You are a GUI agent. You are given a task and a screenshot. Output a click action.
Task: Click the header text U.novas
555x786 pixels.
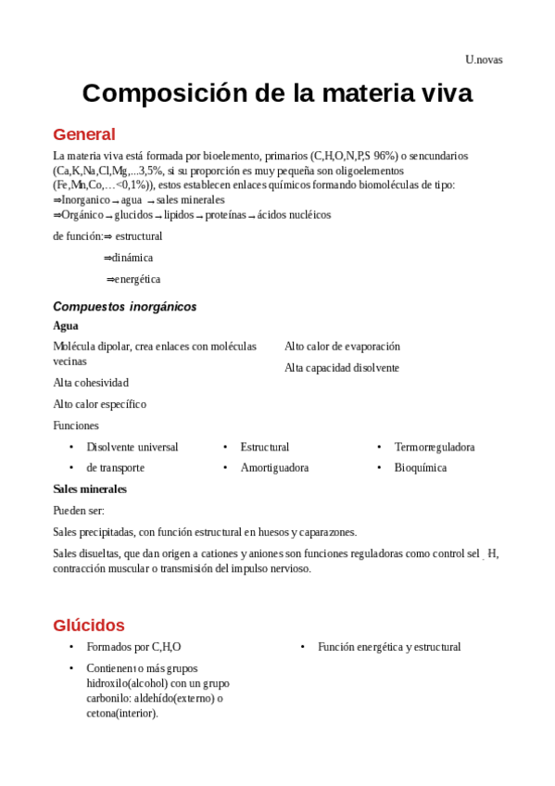484,60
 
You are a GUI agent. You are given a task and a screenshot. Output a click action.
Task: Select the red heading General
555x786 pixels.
84,133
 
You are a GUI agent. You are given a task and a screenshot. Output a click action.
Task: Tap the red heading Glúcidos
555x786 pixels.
89,625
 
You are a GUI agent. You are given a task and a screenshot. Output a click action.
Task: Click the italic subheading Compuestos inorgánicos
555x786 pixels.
125,307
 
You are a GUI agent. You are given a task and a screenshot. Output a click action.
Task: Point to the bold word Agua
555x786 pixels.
66,326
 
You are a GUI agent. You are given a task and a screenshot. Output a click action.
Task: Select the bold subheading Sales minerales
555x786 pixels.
90,488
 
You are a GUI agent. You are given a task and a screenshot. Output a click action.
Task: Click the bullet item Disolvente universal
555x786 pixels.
132,447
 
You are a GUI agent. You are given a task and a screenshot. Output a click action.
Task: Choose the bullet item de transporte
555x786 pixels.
116,468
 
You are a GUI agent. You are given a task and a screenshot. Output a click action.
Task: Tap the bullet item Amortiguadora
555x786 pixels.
274,468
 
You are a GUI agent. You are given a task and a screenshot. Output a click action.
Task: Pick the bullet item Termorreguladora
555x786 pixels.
435,447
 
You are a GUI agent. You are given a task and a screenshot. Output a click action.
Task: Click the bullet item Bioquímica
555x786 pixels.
421,468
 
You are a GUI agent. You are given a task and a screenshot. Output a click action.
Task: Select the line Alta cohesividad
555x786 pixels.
91,383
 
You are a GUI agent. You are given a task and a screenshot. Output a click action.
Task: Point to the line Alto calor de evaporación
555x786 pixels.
342,347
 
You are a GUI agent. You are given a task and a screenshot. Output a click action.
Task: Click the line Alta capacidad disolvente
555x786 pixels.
342,368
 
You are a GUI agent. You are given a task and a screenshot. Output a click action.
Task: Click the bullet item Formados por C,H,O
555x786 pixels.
133,647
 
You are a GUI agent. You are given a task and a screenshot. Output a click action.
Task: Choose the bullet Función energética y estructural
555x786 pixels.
389,647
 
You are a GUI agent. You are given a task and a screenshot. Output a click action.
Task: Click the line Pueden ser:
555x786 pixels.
79,511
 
